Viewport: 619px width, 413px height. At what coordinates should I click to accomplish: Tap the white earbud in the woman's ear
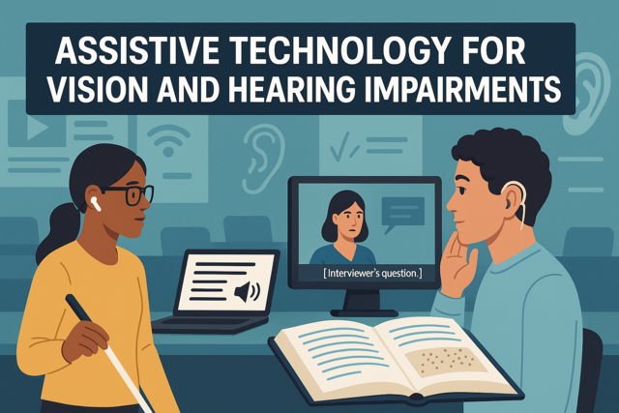click(x=95, y=203)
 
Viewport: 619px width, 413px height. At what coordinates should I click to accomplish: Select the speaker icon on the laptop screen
click(x=247, y=292)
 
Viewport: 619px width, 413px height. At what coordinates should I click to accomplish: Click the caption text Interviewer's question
click(x=372, y=273)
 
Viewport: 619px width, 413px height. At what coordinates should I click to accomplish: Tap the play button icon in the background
click(x=37, y=127)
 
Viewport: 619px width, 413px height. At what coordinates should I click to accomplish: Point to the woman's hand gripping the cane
click(x=85, y=340)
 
